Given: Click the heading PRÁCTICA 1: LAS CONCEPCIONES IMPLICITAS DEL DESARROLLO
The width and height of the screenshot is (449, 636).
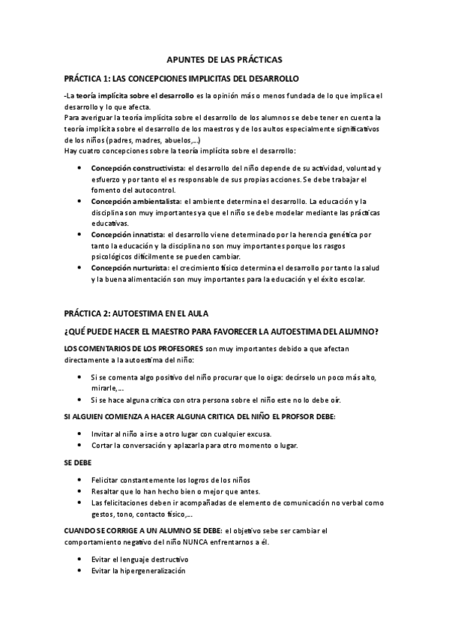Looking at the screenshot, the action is pos(181,78).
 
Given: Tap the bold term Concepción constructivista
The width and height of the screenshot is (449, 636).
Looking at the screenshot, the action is pos(138,168).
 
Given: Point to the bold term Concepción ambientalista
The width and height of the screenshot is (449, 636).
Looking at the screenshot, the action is pos(136,202).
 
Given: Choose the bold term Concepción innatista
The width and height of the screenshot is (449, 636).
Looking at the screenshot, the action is pos(127,235).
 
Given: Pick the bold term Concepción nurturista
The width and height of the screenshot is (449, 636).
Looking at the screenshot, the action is pos(130,268).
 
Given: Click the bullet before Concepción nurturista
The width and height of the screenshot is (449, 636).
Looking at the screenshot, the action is pos(81,268).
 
